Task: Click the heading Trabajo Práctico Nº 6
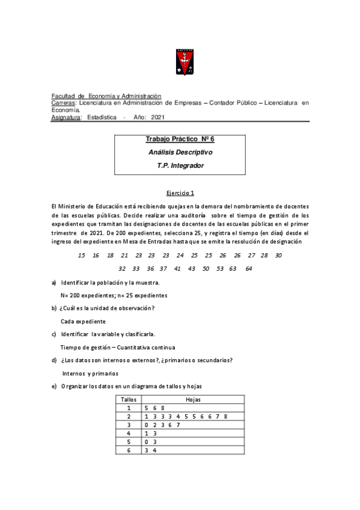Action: pos(180,140)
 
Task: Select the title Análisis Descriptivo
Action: pos(180,152)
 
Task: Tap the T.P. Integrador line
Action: pos(180,165)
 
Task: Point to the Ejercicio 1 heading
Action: pos(180,193)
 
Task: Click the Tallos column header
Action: pos(128,399)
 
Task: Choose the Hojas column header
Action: pos(193,399)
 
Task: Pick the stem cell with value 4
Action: pos(128,433)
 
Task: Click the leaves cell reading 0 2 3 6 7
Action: pos(162,425)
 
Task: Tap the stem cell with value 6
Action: pos(128,450)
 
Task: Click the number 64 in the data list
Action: pos(249,268)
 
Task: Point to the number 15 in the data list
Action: pos(82,256)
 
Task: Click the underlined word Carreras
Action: pos(64,103)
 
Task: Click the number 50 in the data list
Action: pos(206,268)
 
